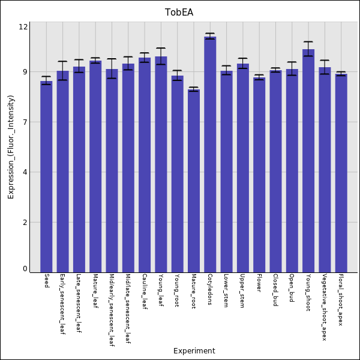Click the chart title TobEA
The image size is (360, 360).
click(179, 13)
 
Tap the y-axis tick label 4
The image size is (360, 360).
click(25, 172)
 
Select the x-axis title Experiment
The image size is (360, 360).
click(194, 351)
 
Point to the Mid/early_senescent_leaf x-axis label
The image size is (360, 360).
click(112, 310)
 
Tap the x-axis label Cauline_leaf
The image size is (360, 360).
click(145, 292)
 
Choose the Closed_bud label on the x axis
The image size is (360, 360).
click(275, 290)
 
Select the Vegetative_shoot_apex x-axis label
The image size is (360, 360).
click(325, 307)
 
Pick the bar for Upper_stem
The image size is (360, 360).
click(243, 168)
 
